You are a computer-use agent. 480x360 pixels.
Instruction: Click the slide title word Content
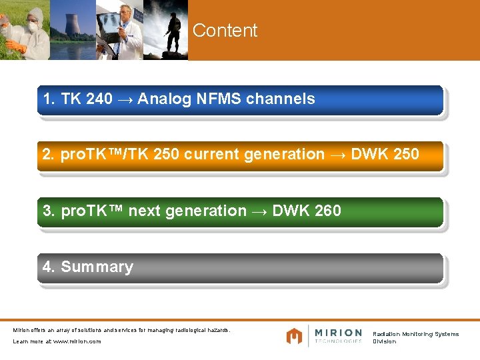(x=225, y=31)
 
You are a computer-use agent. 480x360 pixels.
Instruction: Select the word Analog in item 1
(x=164, y=99)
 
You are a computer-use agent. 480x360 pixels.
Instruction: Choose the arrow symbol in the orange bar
(x=338, y=155)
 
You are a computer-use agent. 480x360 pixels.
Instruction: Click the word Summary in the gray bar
(x=97, y=267)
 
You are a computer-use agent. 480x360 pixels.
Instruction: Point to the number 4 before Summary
(x=47, y=267)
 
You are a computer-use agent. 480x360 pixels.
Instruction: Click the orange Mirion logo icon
(x=294, y=336)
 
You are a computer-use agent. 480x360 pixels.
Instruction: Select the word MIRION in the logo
(x=338, y=333)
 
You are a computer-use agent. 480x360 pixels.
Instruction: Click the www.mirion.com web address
(x=77, y=341)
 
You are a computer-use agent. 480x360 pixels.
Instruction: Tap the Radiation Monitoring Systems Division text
(x=415, y=337)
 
